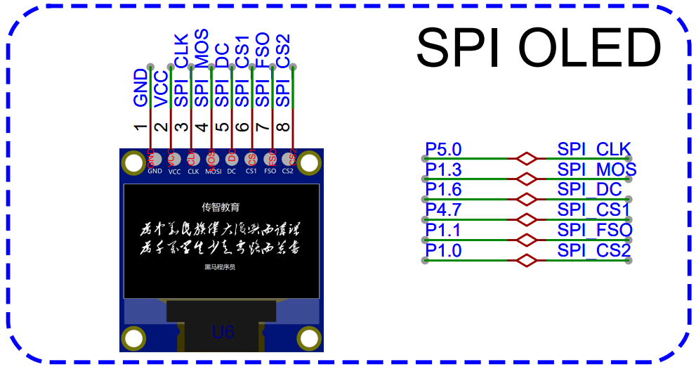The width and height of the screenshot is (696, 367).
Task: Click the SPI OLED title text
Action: (539, 48)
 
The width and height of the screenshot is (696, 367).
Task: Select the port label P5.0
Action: (444, 150)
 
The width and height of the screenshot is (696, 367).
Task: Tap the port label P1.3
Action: (444, 170)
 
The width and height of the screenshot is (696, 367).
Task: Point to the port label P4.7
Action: (444, 210)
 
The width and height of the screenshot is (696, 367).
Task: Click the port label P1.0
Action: (444, 251)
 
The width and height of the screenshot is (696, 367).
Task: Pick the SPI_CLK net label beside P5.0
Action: (594, 150)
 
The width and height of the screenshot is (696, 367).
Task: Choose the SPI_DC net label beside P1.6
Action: (589, 190)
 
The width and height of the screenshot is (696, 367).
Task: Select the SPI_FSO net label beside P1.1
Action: (595, 231)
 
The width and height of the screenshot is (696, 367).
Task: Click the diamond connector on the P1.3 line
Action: (526, 179)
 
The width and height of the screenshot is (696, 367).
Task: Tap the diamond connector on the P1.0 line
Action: (526, 261)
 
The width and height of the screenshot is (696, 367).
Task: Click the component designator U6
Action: (223, 332)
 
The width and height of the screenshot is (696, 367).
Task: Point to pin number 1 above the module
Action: (141, 127)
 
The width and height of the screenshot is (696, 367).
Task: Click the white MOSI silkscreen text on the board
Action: (213, 172)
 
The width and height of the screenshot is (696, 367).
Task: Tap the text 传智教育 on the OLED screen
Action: (221, 207)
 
